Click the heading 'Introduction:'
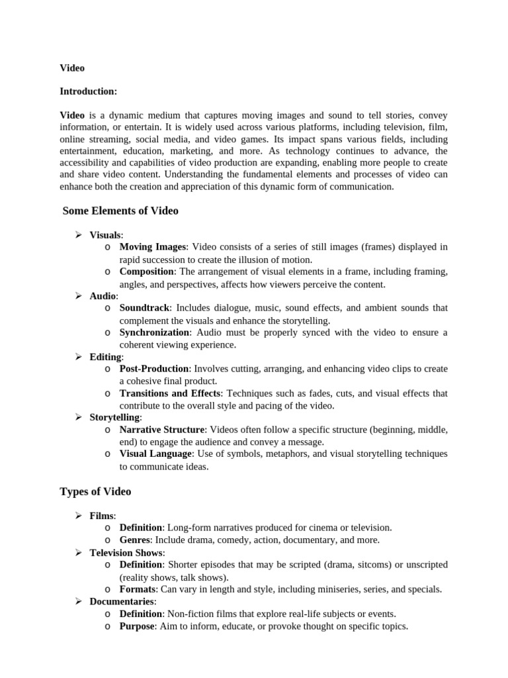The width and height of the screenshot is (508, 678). (x=89, y=91)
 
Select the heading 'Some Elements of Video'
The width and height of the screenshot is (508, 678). (x=120, y=211)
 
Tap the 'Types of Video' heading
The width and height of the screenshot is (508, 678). (x=95, y=491)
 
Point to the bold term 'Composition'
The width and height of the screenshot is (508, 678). (x=147, y=271)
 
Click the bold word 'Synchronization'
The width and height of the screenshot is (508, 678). (x=154, y=332)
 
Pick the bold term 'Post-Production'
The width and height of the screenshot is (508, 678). (x=154, y=369)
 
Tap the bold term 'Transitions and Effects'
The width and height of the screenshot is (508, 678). (x=169, y=393)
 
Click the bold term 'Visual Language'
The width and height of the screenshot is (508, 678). (x=156, y=454)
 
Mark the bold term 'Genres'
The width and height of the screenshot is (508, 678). (x=134, y=540)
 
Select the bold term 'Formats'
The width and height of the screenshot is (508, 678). (x=137, y=589)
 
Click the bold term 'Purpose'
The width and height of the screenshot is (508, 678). (x=136, y=626)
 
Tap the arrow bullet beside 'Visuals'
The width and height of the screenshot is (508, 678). (x=77, y=234)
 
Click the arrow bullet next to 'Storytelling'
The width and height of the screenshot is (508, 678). (x=77, y=417)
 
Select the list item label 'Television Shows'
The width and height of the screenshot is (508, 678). (x=126, y=552)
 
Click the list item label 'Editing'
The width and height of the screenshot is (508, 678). (x=105, y=357)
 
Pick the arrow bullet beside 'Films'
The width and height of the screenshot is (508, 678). (x=77, y=515)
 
